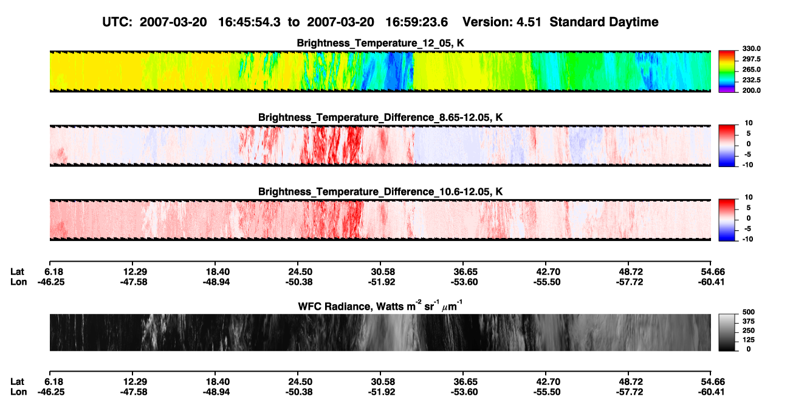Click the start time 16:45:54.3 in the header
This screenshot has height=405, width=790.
[x=249, y=22]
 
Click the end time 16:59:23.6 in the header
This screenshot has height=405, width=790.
[x=416, y=22]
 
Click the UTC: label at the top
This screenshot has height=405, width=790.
[x=117, y=22]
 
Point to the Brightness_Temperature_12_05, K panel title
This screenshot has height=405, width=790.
[x=380, y=43]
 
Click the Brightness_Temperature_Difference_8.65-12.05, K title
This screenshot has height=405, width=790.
[x=380, y=117]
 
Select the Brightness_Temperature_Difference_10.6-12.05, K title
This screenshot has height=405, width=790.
[x=380, y=192]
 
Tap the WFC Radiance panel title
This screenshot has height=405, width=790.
[x=380, y=306]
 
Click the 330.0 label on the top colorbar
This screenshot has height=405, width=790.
[x=751, y=49]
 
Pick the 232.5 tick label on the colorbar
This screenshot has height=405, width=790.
[x=751, y=80]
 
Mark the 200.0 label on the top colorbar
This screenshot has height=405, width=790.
[x=751, y=90]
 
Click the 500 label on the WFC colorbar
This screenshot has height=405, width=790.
[x=748, y=312]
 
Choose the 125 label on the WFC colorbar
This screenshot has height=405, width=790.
[x=748, y=340]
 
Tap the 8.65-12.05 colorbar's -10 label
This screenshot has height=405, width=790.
[x=747, y=165]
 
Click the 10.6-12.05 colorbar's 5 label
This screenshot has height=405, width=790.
[x=749, y=208]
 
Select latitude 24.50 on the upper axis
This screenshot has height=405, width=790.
[x=300, y=272]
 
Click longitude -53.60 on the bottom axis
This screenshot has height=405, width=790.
[x=464, y=392]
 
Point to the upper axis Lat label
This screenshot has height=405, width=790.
[x=17, y=272]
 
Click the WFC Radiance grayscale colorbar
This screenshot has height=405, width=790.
[x=727, y=332]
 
